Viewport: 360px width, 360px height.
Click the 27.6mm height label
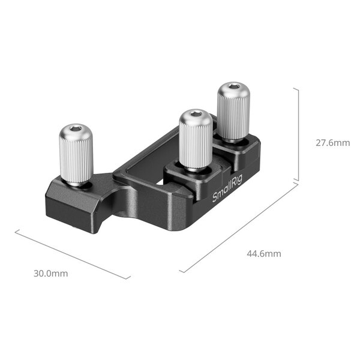click(332, 143)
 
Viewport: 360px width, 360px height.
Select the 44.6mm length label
click(263, 253)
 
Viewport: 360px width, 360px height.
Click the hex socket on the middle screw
click(195, 114)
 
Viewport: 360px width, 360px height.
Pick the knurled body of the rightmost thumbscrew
click(232, 114)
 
